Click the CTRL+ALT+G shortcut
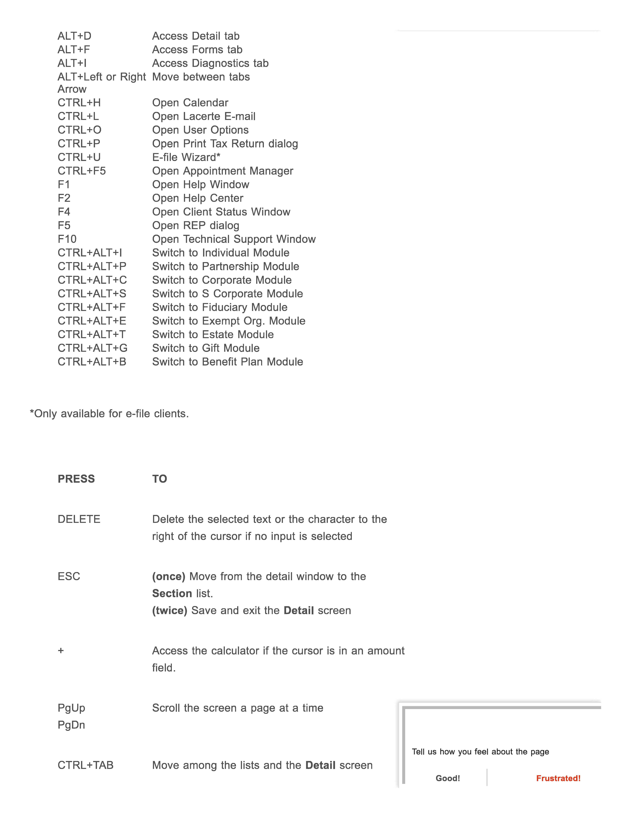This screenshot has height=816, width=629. [x=92, y=348]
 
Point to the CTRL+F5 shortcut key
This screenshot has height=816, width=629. [x=81, y=171]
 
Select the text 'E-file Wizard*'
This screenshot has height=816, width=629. [x=186, y=157]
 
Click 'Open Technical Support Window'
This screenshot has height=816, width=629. [x=234, y=239]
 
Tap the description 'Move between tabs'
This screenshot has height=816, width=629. [x=201, y=77]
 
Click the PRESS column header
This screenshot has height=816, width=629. [x=76, y=479]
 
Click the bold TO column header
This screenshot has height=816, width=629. [x=159, y=479]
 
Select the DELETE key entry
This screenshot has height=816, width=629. [x=79, y=519]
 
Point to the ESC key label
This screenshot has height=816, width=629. [x=69, y=577]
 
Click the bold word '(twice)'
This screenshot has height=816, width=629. [x=169, y=611]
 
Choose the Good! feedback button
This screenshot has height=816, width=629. [x=448, y=778]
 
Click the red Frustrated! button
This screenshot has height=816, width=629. [x=558, y=778]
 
